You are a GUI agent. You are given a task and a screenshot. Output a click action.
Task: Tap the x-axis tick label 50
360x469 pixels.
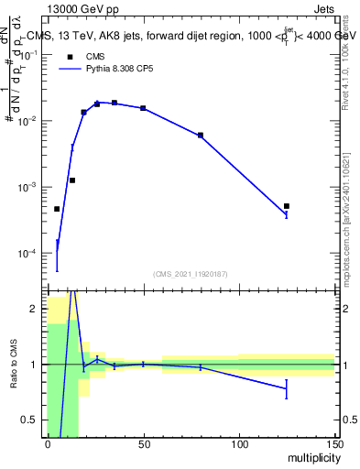(x=143, y=443)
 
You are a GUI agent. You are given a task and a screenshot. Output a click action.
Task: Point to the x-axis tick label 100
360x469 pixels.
(x=239, y=443)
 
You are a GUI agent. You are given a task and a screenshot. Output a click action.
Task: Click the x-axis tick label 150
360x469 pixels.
(x=334, y=443)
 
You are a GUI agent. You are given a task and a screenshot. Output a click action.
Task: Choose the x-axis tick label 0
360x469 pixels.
(x=48, y=443)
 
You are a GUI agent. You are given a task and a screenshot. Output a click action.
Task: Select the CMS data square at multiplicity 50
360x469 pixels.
(x=143, y=108)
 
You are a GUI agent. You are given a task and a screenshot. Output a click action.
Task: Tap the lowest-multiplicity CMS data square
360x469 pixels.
(x=57, y=209)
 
